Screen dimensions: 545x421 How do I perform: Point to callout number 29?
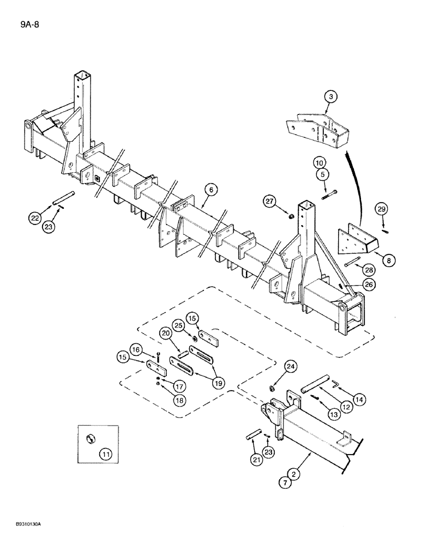coord(381,209)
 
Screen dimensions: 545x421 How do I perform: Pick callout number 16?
coord(136,349)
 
